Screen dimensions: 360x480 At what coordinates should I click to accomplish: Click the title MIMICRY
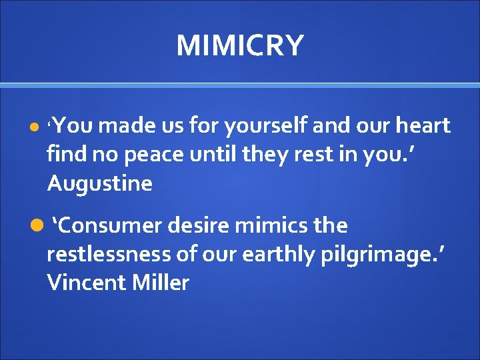(240, 46)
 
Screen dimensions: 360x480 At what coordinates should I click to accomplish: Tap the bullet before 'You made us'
(34, 127)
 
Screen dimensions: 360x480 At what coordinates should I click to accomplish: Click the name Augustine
(99, 183)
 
